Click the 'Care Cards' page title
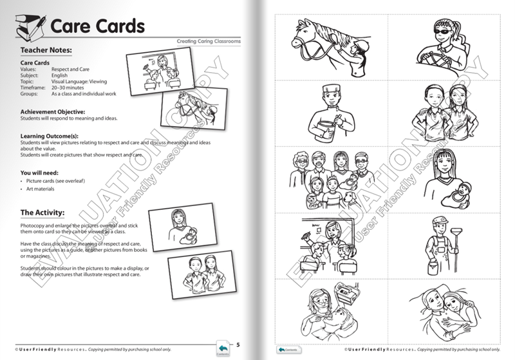pos(97,28)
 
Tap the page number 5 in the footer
pos(239,345)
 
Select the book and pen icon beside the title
pos(26,28)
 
